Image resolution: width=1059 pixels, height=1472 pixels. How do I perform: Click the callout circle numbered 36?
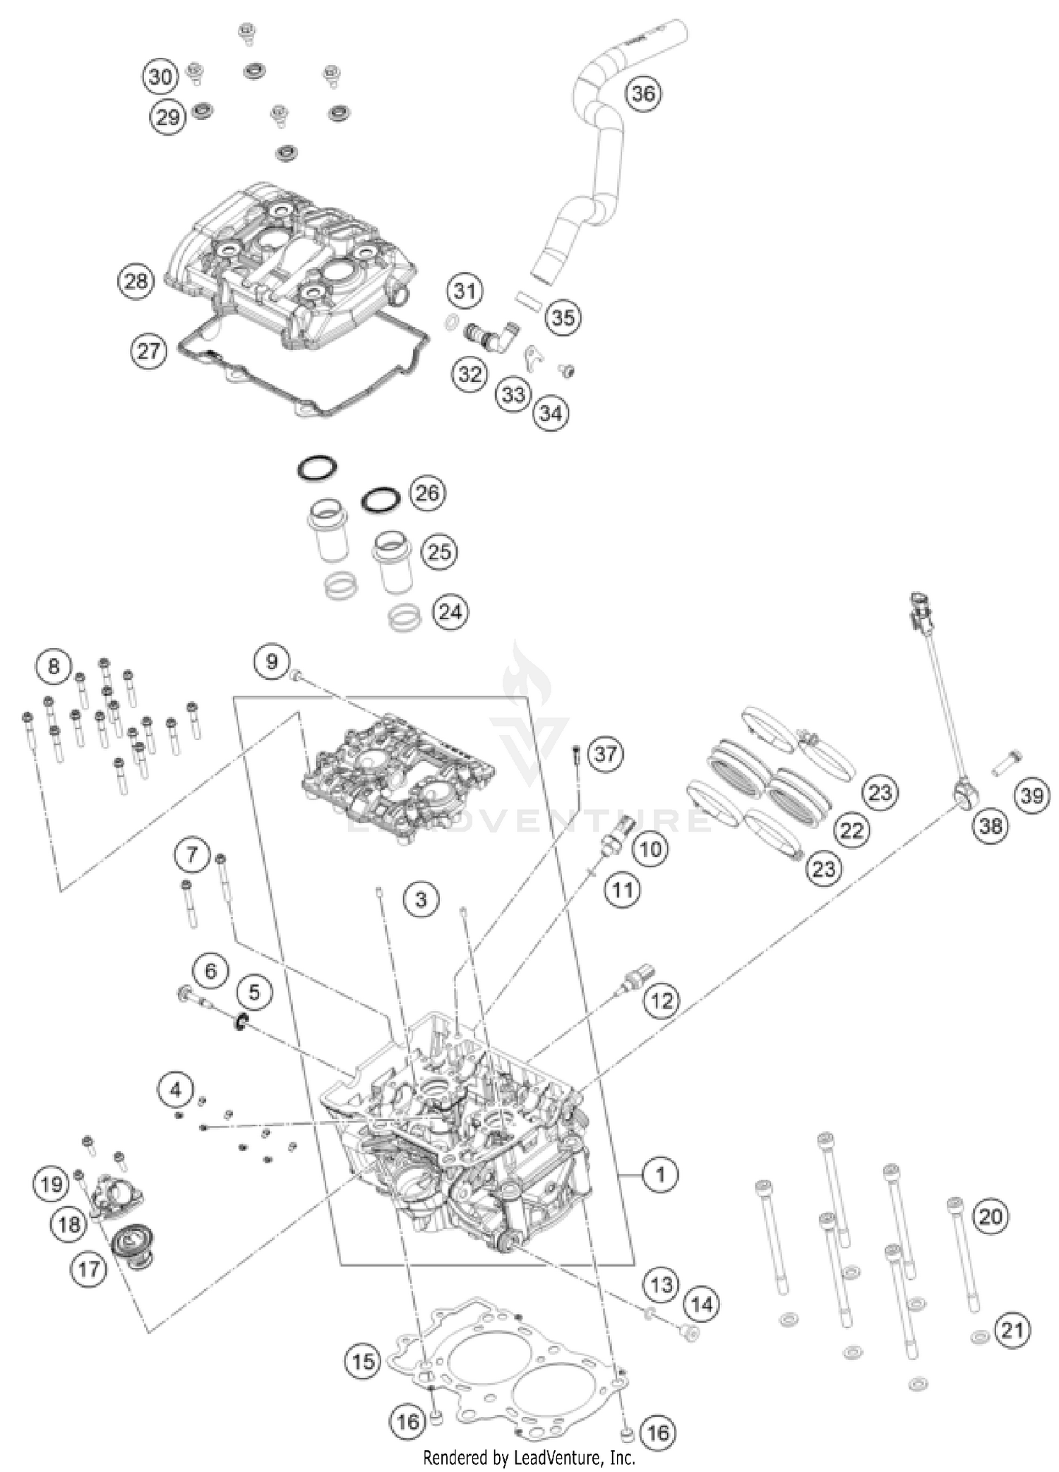click(x=642, y=93)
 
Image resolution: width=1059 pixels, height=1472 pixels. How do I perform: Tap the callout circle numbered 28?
click(x=136, y=281)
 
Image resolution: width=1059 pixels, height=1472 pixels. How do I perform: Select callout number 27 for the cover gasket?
click(x=149, y=350)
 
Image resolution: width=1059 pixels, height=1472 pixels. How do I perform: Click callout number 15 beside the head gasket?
click(x=363, y=1360)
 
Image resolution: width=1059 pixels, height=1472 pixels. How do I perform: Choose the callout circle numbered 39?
click(x=1031, y=796)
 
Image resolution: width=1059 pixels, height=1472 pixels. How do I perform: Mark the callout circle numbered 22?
click(x=851, y=830)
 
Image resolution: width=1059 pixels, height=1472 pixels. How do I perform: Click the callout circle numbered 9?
click(x=272, y=662)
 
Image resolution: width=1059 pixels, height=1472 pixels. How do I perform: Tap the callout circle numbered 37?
click(x=605, y=753)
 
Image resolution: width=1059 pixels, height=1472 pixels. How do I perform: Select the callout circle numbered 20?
click(x=991, y=1216)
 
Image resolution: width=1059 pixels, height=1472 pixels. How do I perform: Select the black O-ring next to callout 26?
click(x=381, y=500)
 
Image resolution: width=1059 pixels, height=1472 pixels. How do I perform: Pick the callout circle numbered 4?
click(x=176, y=1090)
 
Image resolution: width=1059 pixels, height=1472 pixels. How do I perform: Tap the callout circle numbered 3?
click(x=421, y=899)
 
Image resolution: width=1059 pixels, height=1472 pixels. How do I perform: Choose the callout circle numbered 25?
click(x=438, y=551)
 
